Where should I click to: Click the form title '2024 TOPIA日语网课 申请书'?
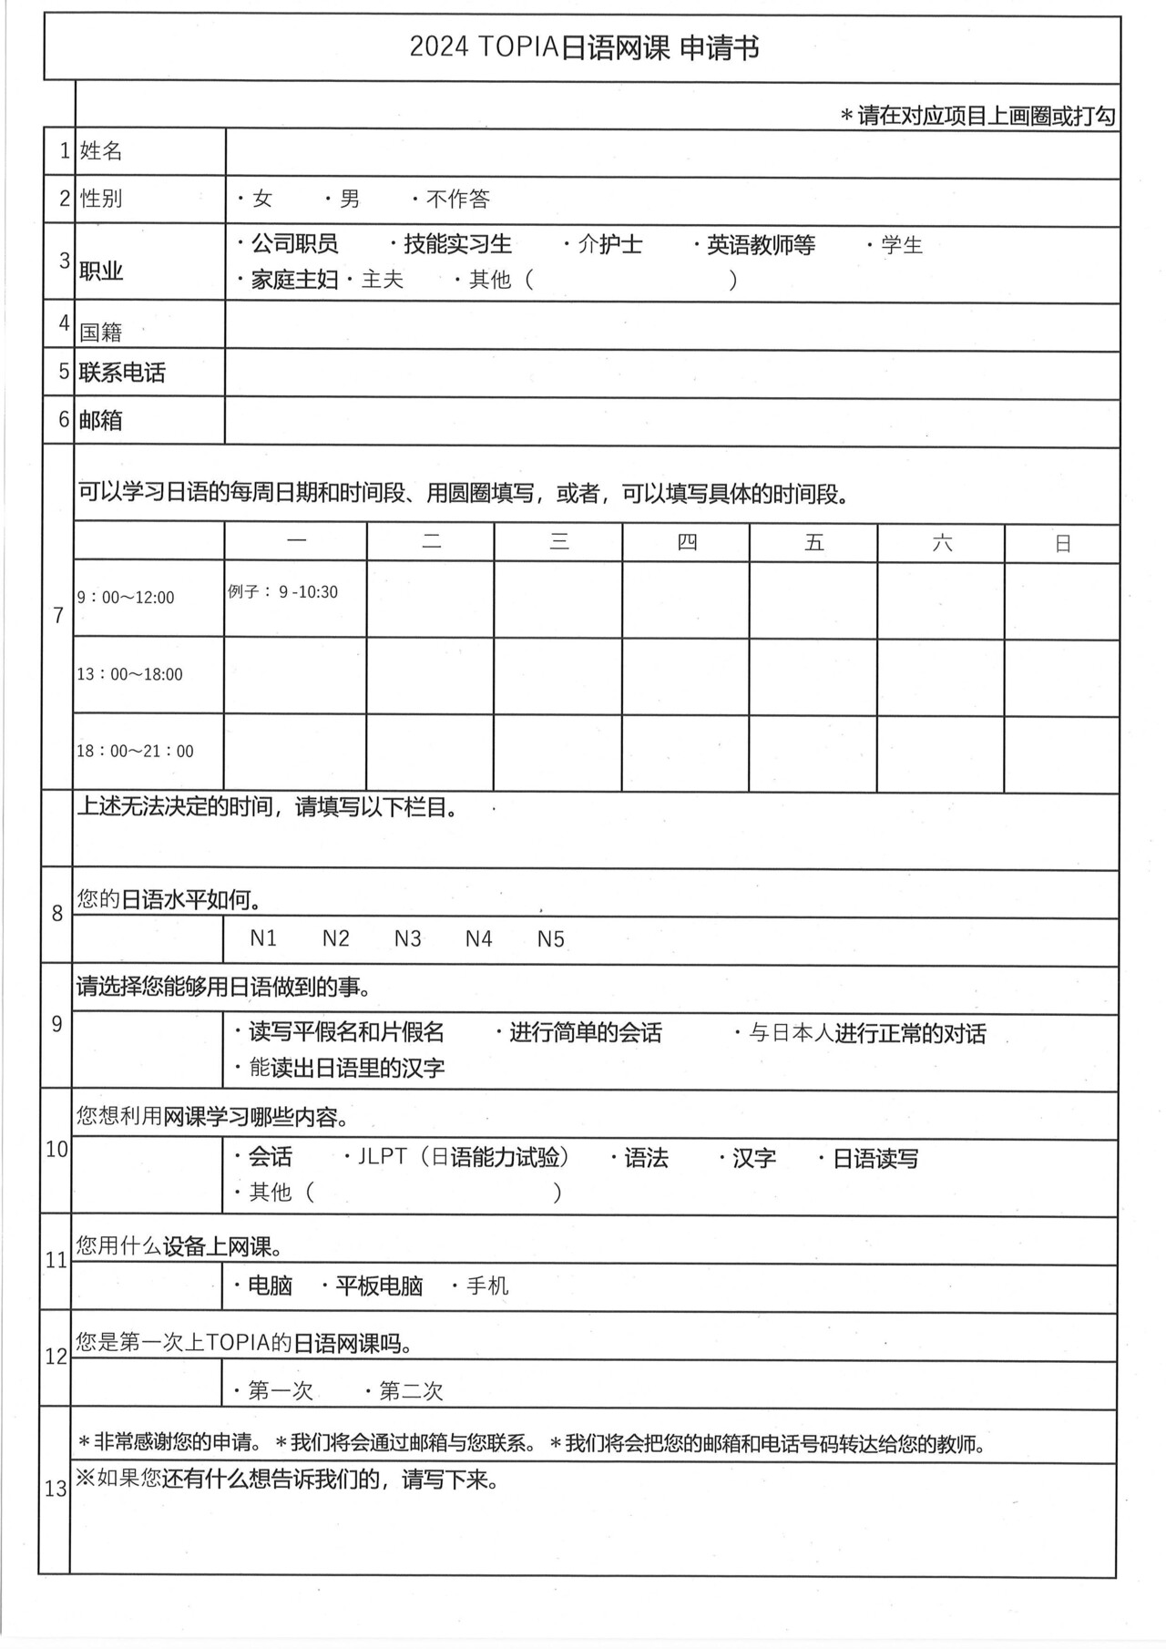583,47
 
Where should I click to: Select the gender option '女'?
261,199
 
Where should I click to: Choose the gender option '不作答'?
457,199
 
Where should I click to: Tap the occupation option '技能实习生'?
457,244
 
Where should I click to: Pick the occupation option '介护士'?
609,244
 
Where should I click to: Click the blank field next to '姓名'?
672,152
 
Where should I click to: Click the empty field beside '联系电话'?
672,374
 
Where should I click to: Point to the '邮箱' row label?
101,420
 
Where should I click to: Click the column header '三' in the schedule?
558,543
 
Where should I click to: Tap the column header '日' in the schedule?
1062,544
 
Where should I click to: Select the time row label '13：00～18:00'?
129,674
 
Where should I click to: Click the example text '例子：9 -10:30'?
282,592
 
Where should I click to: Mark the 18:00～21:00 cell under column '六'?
940,753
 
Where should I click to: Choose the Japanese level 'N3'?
407,938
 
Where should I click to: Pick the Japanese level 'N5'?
550,938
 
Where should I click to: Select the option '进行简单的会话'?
585,1032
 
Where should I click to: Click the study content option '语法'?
646,1158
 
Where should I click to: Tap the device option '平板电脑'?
379,1285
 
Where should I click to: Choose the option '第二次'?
410,1390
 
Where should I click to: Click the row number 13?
56,1489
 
